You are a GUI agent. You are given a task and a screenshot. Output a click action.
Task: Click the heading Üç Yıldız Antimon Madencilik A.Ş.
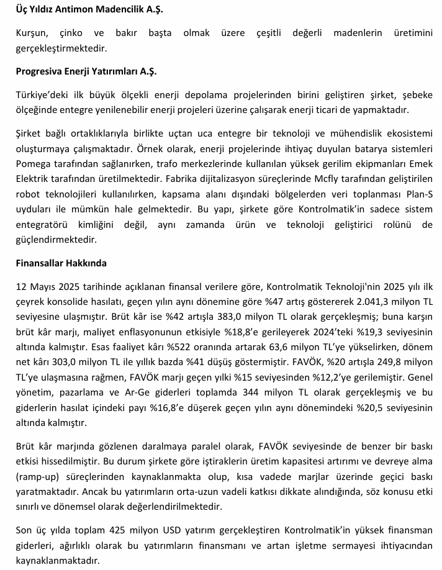[x=86, y=10]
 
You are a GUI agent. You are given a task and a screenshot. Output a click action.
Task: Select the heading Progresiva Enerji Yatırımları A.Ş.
[x=86, y=71]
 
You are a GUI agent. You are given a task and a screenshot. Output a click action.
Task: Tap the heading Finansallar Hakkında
[x=61, y=263]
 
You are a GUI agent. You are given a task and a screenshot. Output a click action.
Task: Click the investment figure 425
[x=120, y=532]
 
